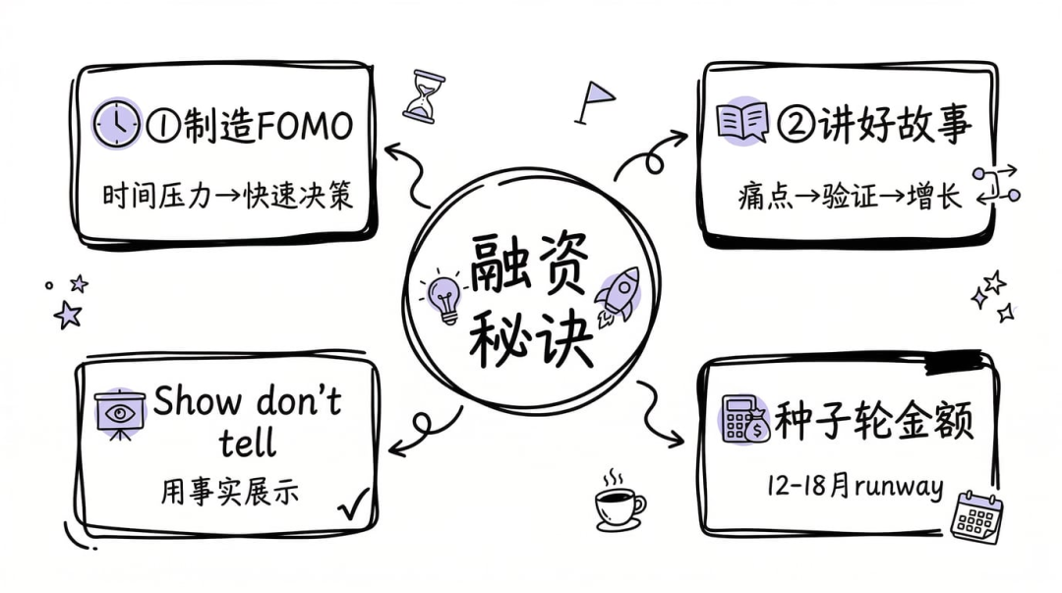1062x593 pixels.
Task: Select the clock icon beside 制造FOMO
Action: click(x=117, y=124)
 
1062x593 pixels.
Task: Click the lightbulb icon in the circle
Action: click(x=444, y=298)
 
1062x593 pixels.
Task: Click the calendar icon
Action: click(x=976, y=515)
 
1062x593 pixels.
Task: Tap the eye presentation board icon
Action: click(x=118, y=414)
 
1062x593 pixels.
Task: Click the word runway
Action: click(x=899, y=486)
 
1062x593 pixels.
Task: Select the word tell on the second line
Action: click(x=247, y=444)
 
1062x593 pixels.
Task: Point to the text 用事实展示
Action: click(x=231, y=492)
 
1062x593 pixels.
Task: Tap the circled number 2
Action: click(x=792, y=125)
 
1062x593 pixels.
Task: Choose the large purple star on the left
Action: click(x=67, y=315)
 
